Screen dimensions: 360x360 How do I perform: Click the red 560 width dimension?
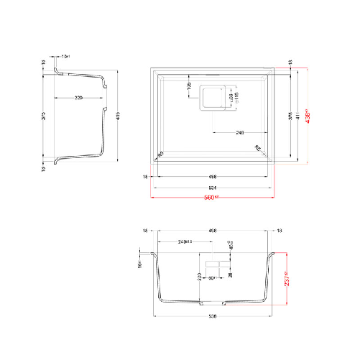(x=211, y=197)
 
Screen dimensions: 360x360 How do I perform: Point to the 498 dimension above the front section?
(x=212, y=231)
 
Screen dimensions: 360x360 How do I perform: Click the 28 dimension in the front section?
(x=231, y=274)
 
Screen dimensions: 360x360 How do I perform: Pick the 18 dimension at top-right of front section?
(x=280, y=231)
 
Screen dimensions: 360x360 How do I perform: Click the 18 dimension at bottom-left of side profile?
(x=45, y=170)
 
